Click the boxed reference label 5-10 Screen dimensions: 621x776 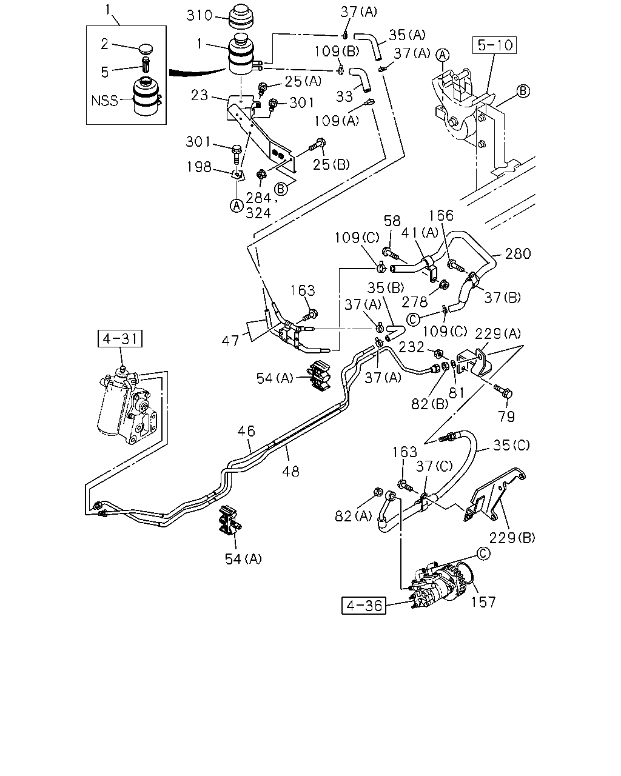pos(494,45)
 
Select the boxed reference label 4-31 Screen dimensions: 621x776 pos(120,339)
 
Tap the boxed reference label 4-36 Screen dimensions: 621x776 pos(363,606)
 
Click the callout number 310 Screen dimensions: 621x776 pos(199,16)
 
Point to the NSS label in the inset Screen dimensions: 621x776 pos(104,101)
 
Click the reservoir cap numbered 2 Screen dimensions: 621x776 pos(146,48)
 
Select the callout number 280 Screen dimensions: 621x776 pos(518,254)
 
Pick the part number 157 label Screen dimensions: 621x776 pos(483,602)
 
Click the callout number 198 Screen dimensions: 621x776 pos(199,167)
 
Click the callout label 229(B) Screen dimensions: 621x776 pos(512,538)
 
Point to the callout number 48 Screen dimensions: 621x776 pos(291,471)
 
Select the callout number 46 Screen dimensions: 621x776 pos(246,431)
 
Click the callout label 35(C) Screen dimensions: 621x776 pos(511,446)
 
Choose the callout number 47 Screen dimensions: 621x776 pos(230,341)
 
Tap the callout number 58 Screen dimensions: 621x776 pos(392,220)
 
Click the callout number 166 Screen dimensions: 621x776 pos(441,216)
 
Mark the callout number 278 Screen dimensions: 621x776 pos(415,302)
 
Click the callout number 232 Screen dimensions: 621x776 pos(411,347)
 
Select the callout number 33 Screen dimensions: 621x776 pos(344,96)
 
